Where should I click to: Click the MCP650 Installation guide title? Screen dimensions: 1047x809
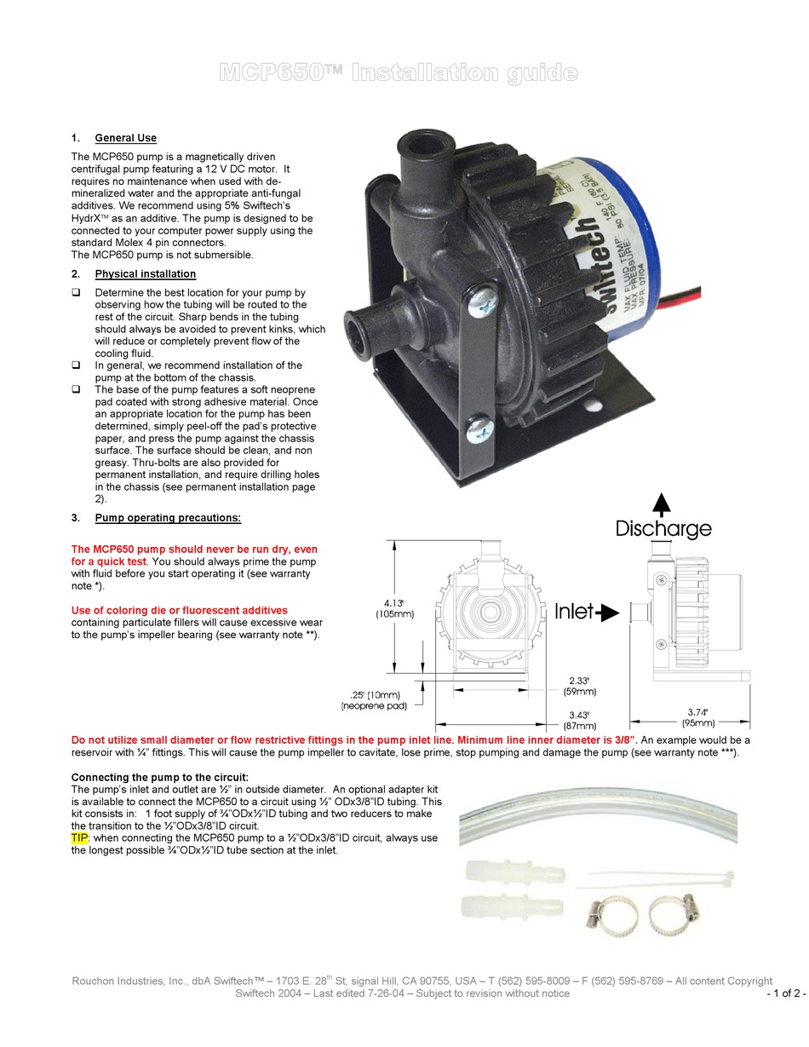[398, 73]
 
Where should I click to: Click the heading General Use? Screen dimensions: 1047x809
[125, 138]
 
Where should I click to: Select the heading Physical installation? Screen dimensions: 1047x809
[145, 274]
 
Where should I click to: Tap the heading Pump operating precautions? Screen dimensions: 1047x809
[168, 518]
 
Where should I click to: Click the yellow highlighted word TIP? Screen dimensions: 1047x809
[80, 838]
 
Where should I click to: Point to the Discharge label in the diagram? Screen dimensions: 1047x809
[663, 529]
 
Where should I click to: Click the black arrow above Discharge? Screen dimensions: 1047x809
[661, 503]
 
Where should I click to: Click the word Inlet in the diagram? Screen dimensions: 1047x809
[574, 612]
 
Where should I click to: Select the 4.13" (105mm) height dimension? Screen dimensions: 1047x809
[394, 608]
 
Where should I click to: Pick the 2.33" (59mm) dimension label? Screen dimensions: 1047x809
[579, 687]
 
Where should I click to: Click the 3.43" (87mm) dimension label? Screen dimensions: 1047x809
[579, 720]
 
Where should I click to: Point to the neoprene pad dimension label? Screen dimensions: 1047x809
[374, 700]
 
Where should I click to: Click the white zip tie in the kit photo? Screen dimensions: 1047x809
[660, 875]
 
